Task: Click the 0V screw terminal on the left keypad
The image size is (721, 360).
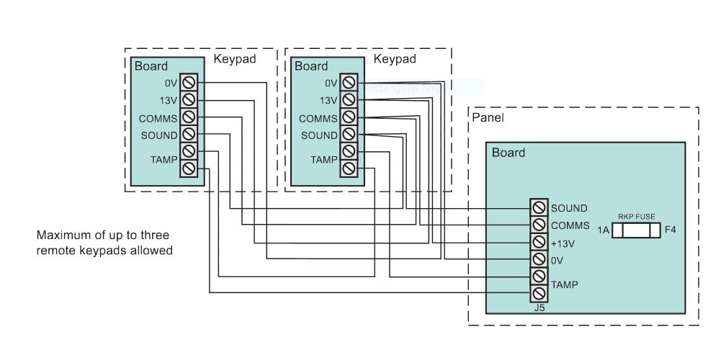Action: [188, 82]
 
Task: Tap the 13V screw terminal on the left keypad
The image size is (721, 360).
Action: [188, 99]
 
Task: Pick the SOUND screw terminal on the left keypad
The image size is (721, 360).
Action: [188, 134]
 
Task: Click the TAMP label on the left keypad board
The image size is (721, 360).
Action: [164, 158]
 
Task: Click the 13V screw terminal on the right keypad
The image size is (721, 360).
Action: [349, 100]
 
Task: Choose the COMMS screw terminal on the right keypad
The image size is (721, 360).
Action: [349, 117]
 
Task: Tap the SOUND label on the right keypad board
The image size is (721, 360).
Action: [319, 135]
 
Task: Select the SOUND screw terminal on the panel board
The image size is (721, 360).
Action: [539, 208]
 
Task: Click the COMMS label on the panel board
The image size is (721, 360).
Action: [570, 225]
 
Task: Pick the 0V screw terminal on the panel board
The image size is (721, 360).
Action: [539, 258]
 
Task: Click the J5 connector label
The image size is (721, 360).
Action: [539, 307]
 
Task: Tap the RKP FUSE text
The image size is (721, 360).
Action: [635, 215]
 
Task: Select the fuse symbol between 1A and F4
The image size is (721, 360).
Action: [635, 230]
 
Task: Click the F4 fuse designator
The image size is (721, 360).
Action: [670, 230]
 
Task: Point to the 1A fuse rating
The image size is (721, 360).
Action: [604, 230]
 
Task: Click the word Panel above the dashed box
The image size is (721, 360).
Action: [488, 116]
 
